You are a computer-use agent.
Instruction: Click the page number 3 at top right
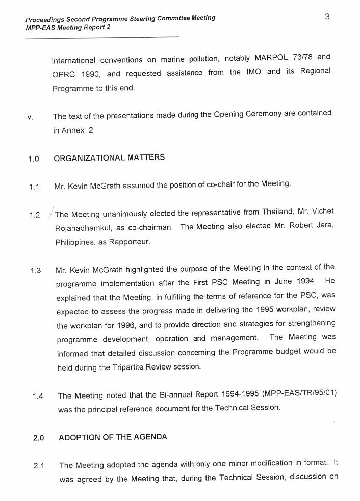pyautogui.click(x=327, y=16)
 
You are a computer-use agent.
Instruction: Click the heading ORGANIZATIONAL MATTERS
pyautogui.click(x=109, y=157)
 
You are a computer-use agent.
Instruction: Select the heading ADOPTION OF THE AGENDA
pyautogui.click(x=113, y=437)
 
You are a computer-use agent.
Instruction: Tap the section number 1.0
pyautogui.click(x=34, y=159)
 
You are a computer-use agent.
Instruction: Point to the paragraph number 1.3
pyautogui.click(x=35, y=270)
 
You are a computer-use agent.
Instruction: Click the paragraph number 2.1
pyautogui.click(x=39, y=466)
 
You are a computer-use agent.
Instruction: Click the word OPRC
pyautogui.click(x=64, y=74)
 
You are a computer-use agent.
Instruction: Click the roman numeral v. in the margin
pyautogui.click(x=30, y=118)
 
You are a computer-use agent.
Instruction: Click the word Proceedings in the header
pyautogui.click(x=46, y=19)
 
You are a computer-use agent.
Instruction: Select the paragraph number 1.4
pyautogui.click(x=38, y=396)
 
